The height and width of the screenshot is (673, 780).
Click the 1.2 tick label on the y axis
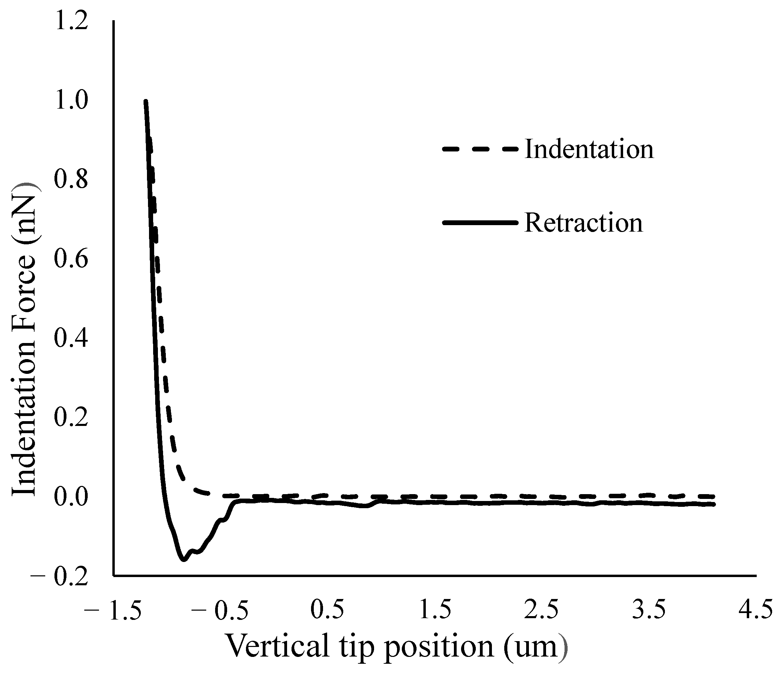coord(71,22)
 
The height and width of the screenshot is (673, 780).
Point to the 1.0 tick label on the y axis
coord(71,101)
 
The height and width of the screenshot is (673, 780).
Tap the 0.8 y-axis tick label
coord(71,180)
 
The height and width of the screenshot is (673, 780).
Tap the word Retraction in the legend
coord(583,223)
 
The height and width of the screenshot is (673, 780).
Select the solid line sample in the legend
coord(480,223)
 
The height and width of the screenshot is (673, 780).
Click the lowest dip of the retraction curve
coord(183,560)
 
